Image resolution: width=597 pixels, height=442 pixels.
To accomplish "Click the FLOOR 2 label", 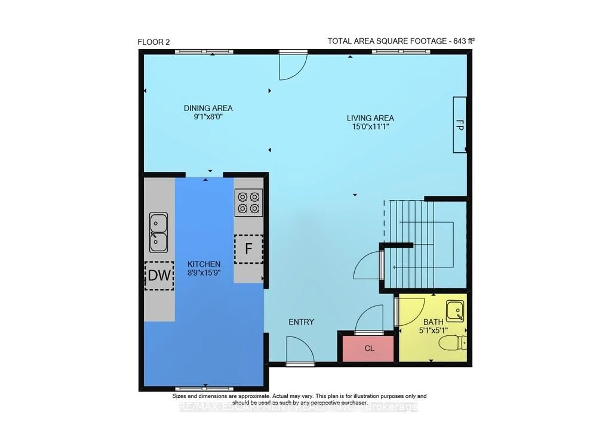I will coord(154,42).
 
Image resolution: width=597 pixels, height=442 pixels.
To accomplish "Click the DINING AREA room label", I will coord(208,108).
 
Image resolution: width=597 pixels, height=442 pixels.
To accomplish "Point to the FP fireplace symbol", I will coord(459,125).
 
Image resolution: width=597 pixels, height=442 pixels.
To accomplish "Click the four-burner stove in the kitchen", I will coord(248,203).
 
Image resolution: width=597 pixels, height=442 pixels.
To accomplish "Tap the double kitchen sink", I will coord(158,233).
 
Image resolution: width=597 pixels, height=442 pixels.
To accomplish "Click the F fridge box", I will coord(248,249).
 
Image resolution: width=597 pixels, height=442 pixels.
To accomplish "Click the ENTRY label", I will coord(301,322).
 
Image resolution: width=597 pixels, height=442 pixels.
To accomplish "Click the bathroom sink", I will coord(455,311).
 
